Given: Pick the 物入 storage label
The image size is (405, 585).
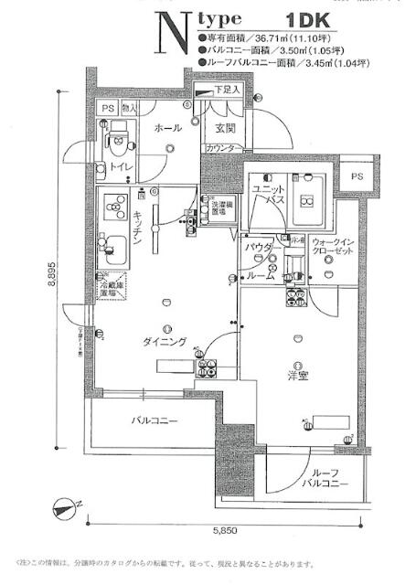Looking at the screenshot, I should (x=130, y=109).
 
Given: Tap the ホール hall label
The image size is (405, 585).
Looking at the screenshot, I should (x=166, y=128).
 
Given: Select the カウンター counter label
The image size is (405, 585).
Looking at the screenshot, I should (x=224, y=148).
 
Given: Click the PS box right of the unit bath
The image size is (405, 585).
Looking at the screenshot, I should (x=357, y=175).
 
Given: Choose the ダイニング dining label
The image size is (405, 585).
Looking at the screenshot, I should (x=165, y=341).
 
